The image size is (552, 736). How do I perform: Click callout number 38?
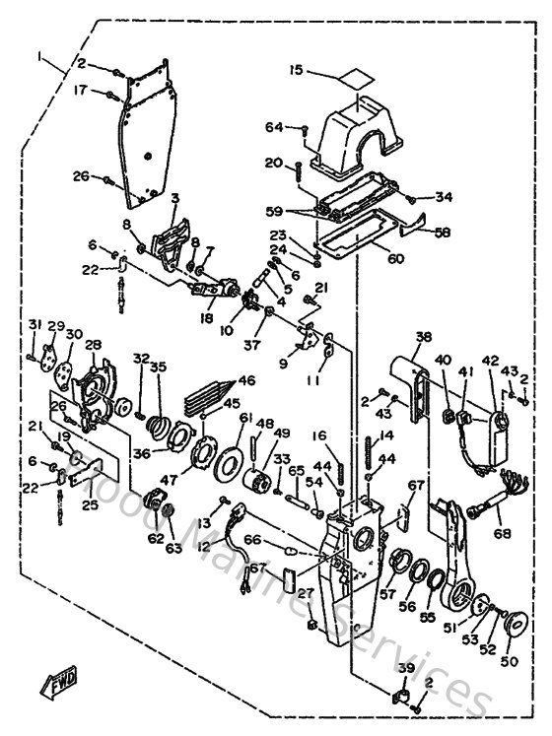click(x=423, y=337)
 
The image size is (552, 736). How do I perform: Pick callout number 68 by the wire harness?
click(x=504, y=535)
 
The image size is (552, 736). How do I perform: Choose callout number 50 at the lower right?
click(x=509, y=661)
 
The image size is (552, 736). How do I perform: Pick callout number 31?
click(x=34, y=326)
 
